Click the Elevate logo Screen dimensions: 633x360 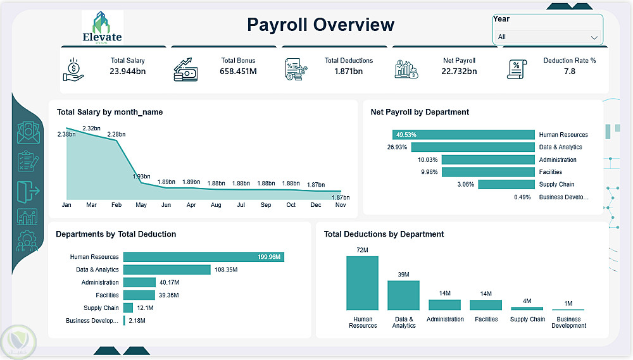point(103,27)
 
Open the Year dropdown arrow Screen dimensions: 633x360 point(594,37)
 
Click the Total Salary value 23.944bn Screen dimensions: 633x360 point(128,71)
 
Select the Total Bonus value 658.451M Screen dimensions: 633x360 point(238,71)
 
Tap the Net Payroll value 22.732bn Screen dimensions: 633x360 point(459,71)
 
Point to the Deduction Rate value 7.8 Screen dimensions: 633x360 point(569,71)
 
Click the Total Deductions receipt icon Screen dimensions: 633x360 point(296,70)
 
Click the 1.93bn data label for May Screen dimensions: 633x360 point(141,177)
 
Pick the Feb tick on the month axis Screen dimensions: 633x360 point(116,205)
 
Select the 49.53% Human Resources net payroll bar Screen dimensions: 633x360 point(463,134)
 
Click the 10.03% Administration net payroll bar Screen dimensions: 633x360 point(488,160)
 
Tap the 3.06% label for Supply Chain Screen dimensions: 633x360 point(465,185)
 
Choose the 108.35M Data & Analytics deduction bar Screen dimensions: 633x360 point(167,270)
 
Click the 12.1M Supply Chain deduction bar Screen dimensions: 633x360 point(128,308)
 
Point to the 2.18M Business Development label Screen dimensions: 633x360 point(137,320)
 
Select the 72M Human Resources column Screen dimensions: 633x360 point(363,283)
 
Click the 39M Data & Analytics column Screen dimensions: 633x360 point(403,295)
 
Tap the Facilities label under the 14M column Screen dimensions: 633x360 point(486,320)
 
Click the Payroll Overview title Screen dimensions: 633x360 point(320,25)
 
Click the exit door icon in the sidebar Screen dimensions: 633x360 point(28,191)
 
